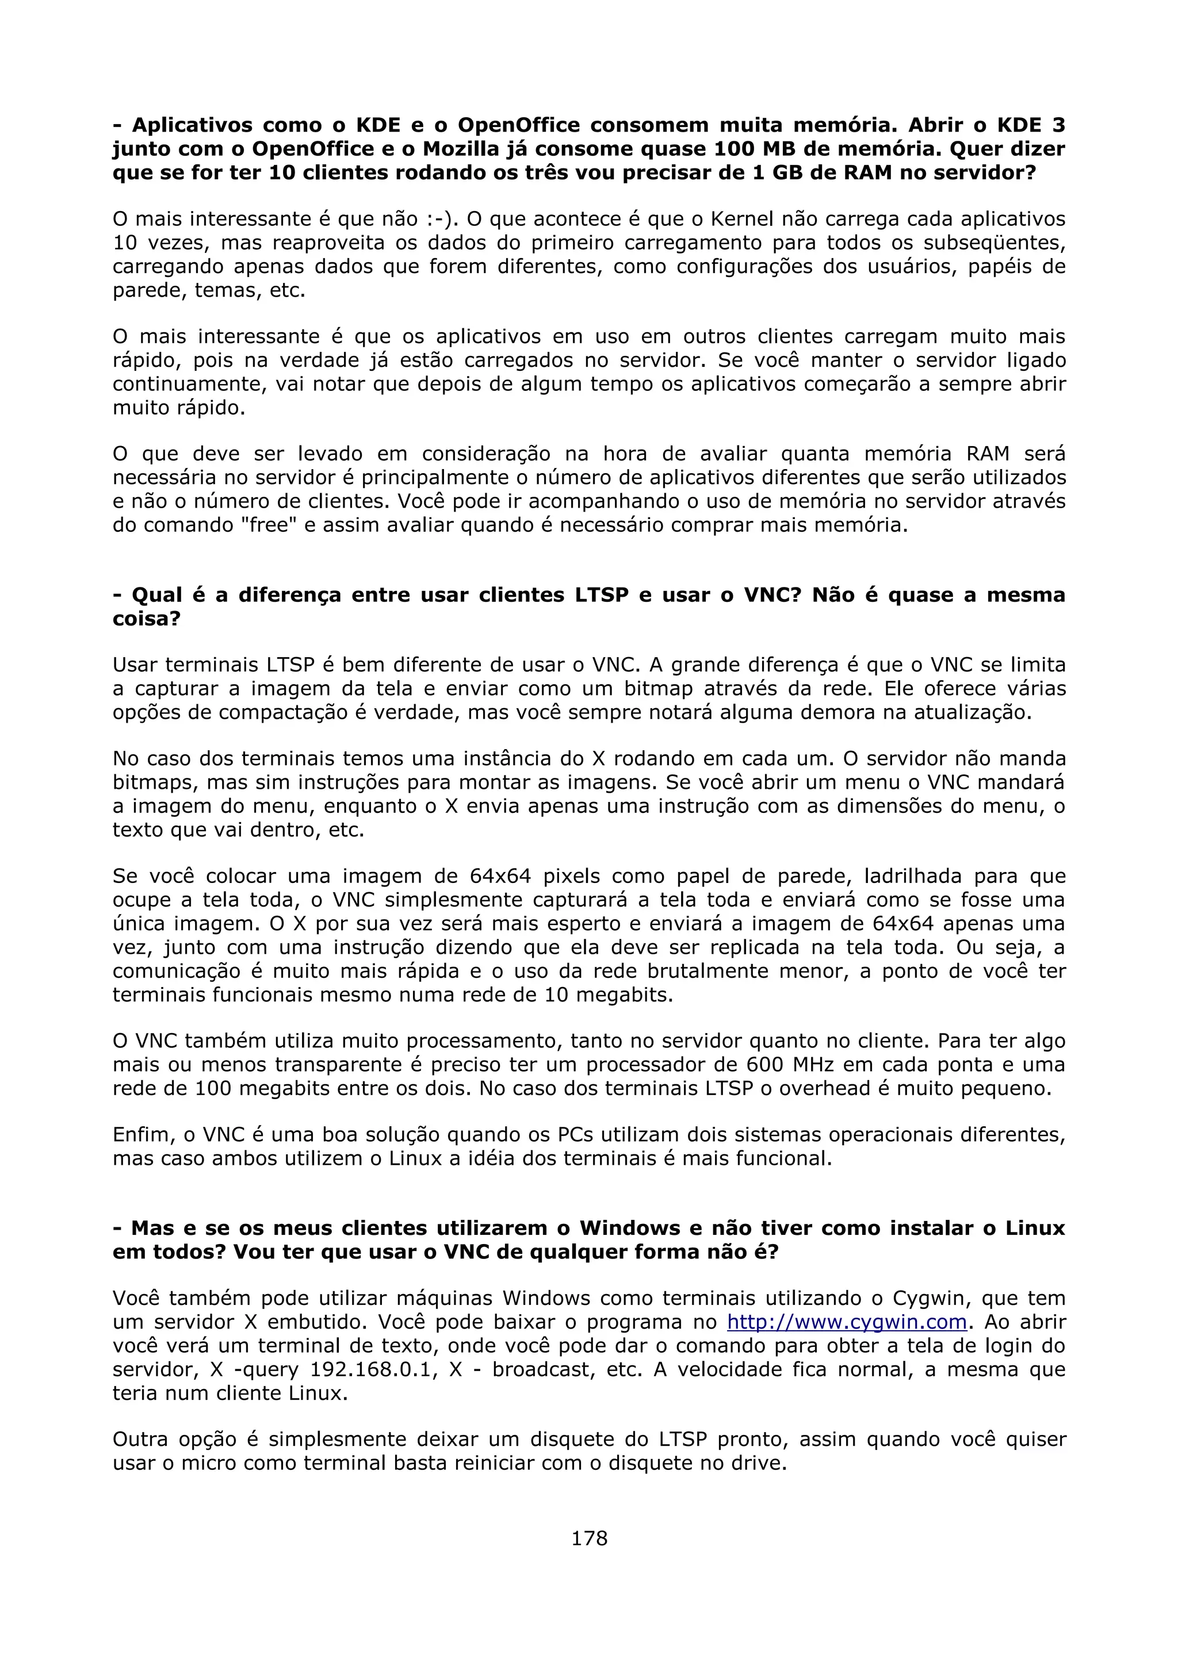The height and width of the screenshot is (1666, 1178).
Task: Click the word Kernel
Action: tap(748, 219)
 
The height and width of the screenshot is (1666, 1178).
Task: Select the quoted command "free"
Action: tap(269, 525)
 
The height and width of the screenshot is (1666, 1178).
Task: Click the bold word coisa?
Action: tap(146, 619)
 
